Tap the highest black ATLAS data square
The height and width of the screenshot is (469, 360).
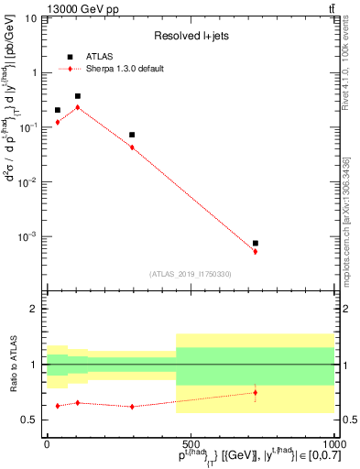[78, 96]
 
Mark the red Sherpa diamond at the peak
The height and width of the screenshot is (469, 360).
[78, 107]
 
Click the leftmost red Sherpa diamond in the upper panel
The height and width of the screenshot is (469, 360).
[58, 122]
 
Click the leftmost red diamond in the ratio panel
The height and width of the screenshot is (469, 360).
[58, 406]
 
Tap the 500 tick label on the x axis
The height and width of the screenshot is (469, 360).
[190, 442]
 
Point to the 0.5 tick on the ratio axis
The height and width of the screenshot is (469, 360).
[32, 420]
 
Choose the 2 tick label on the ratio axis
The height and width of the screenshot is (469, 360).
[36, 310]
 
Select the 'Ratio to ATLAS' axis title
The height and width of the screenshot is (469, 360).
[11, 365]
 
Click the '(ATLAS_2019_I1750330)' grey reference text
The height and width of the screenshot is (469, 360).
[190, 274]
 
